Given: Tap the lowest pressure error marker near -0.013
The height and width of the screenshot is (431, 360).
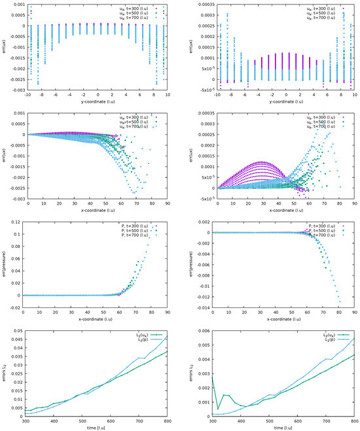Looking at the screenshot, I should pyautogui.click(x=340, y=302).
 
